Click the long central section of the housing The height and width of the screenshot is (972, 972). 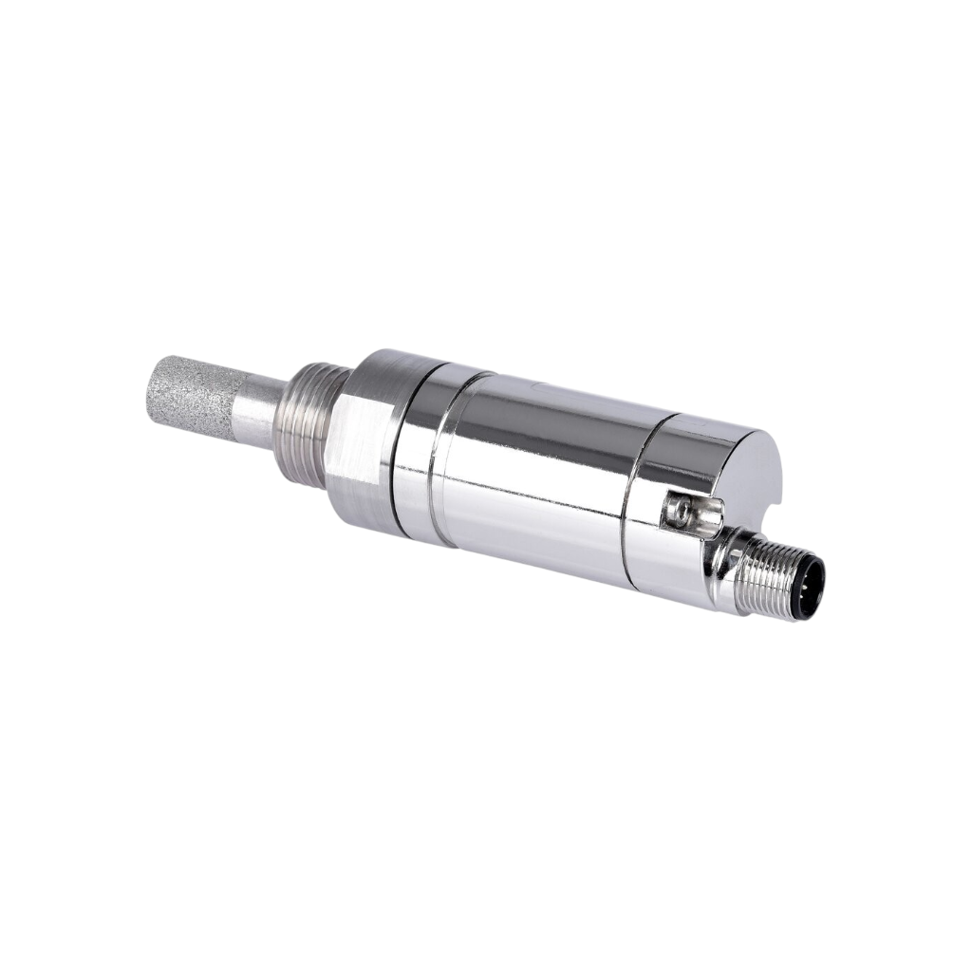click(532, 475)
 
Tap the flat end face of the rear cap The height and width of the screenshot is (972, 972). click(750, 475)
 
